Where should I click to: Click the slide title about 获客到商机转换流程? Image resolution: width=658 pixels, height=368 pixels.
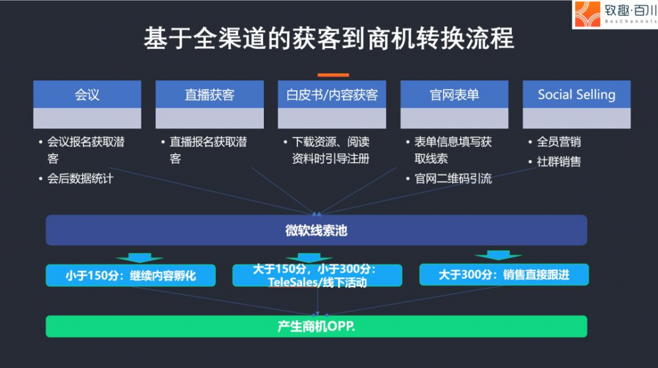pos(328,39)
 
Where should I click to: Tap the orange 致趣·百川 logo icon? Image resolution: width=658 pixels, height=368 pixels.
pos(588,14)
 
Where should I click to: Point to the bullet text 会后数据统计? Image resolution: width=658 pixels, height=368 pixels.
pos(80,179)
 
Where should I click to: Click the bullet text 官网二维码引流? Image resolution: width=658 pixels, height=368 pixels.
pos(453,179)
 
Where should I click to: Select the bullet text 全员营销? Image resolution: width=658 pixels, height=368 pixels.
pos(559,142)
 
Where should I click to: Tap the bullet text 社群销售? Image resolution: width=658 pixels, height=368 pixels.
pos(559,161)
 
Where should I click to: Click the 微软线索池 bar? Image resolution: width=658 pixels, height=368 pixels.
pos(316,230)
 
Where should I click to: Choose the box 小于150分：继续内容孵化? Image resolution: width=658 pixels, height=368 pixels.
pos(130,275)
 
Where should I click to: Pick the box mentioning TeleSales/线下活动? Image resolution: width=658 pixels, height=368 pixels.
pos(317,275)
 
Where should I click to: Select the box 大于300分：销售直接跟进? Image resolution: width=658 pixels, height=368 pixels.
pos(504,275)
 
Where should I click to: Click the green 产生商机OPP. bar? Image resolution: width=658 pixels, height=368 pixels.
pos(316,327)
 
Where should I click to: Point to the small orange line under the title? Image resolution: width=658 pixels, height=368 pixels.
pos(333,75)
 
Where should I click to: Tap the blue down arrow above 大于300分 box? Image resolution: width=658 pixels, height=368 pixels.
pos(498,255)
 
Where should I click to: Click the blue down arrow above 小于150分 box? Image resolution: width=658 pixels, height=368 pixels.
pos(139,257)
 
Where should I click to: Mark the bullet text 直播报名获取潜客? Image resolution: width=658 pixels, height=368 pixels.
pos(208,150)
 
